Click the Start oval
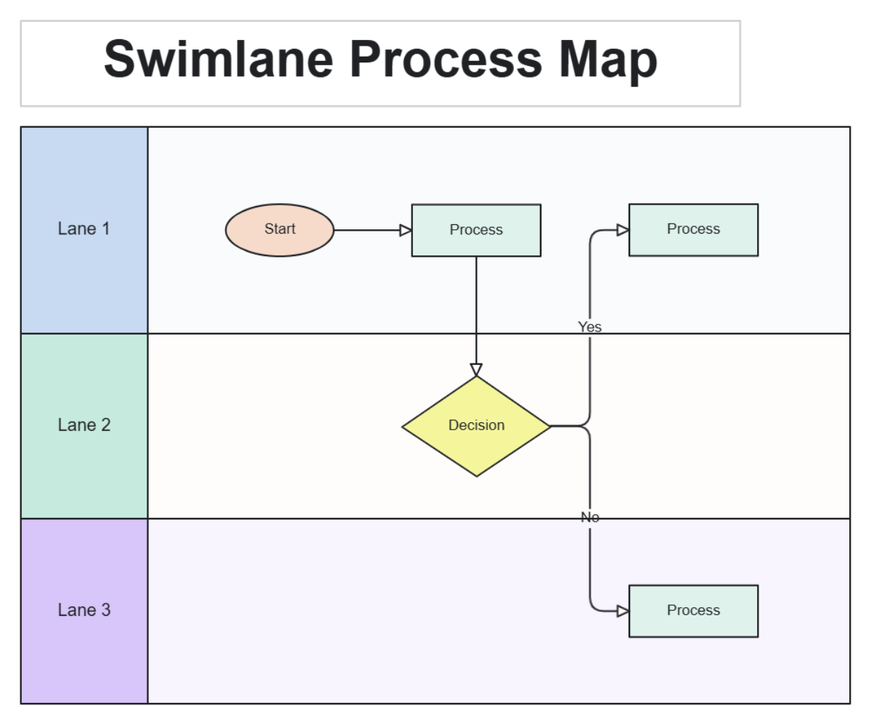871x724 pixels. [279, 230]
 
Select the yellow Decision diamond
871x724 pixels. [476, 426]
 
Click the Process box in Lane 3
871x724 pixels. [693, 611]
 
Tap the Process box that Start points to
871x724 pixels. [476, 230]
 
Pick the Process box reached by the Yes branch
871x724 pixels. [693, 229]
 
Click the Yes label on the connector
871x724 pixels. [589, 327]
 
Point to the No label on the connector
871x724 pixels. [589, 517]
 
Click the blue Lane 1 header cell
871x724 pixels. [84, 230]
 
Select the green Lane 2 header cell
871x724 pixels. [84, 426]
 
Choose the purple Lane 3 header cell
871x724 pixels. [84, 611]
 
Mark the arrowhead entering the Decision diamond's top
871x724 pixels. [476, 369]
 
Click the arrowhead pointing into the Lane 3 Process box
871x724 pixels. [623, 611]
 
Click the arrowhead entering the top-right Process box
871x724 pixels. [623, 230]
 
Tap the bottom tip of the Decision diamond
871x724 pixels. [476, 475]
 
